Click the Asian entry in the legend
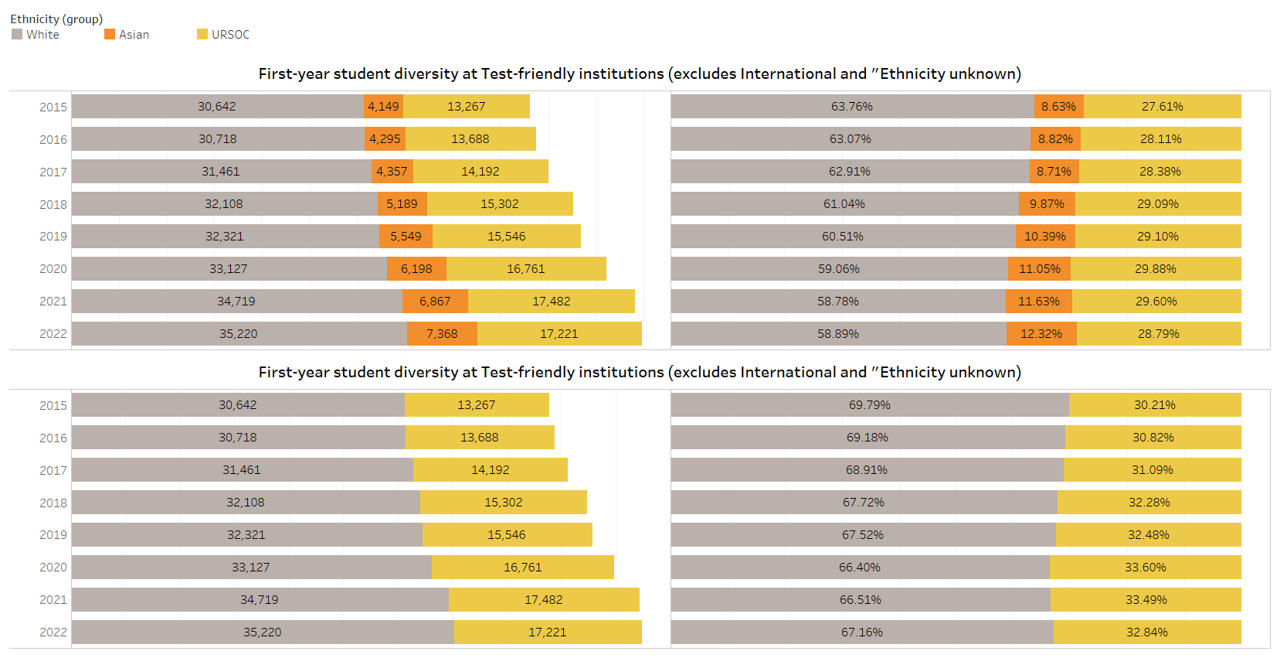(127, 35)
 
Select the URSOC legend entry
(224, 35)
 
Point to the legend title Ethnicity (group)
(56, 19)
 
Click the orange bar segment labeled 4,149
(383, 107)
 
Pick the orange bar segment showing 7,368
(442, 334)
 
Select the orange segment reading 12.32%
(1041, 334)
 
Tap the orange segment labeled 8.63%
(1058, 107)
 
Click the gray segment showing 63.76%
(852, 107)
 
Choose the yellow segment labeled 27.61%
(1163, 107)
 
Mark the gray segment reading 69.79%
(870, 405)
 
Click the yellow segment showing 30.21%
(1155, 405)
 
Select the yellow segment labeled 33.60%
(1146, 568)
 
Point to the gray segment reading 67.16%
(862, 632)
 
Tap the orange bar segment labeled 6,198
(416, 269)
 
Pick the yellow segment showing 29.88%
(1156, 269)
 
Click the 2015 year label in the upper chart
(53, 107)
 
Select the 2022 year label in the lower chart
(53, 632)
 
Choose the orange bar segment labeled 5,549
(406, 237)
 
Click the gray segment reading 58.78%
(838, 302)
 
